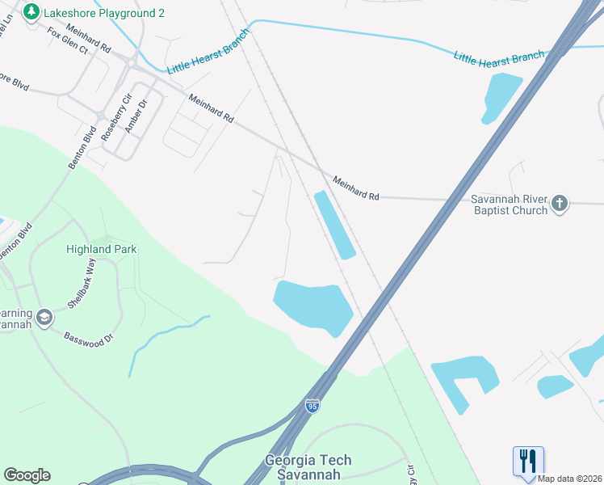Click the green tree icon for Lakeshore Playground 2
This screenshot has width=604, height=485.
coord(31,12)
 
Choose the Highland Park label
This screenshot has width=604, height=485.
coord(101,250)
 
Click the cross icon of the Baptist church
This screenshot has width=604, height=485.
coord(561,202)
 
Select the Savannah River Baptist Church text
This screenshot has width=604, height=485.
coord(509,205)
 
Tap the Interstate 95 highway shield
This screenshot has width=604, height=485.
coord(312,406)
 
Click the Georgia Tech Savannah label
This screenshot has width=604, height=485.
coord(308,466)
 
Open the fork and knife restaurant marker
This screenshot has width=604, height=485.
coord(528,461)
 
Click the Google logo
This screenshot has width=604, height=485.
coord(27,475)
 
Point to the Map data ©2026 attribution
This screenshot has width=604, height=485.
coord(569,479)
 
